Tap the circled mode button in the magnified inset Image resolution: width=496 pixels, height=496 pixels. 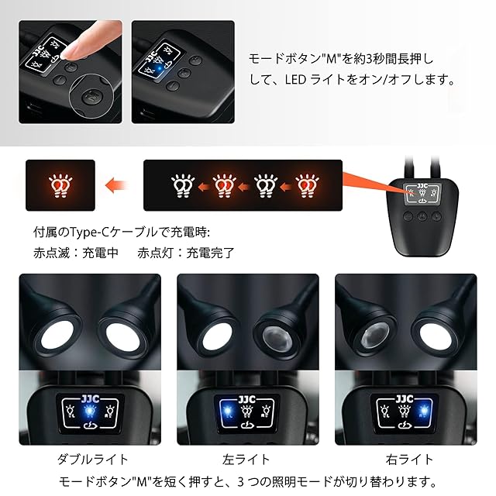click(x=90, y=96)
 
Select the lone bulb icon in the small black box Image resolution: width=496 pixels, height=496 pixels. click(x=60, y=185)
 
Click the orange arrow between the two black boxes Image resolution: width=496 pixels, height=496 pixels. click(x=116, y=185)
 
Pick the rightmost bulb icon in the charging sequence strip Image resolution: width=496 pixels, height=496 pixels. click(x=307, y=185)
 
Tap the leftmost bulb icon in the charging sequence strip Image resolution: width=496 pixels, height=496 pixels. click(x=183, y=185)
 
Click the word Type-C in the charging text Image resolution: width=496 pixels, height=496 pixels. click(x=88, y=232)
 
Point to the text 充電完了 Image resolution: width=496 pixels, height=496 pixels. click(x=210, y=253)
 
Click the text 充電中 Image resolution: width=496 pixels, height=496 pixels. click(x=100, y=253)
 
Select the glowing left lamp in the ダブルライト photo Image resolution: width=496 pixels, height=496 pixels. click(x=57, y=336)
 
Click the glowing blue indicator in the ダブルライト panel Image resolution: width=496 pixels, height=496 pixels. click(x=90, y=411)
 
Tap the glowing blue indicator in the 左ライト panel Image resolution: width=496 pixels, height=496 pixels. click(x=228, y=411)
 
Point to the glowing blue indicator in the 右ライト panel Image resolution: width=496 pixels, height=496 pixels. click(x=424, y=411)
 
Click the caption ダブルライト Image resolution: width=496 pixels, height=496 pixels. click(x=93, y=460)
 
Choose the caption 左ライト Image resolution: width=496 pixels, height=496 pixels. click(x=246, y=460)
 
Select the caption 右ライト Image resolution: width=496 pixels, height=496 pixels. click(x=409, y=460)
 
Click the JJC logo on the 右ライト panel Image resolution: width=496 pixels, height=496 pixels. click(x=405, y=398)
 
